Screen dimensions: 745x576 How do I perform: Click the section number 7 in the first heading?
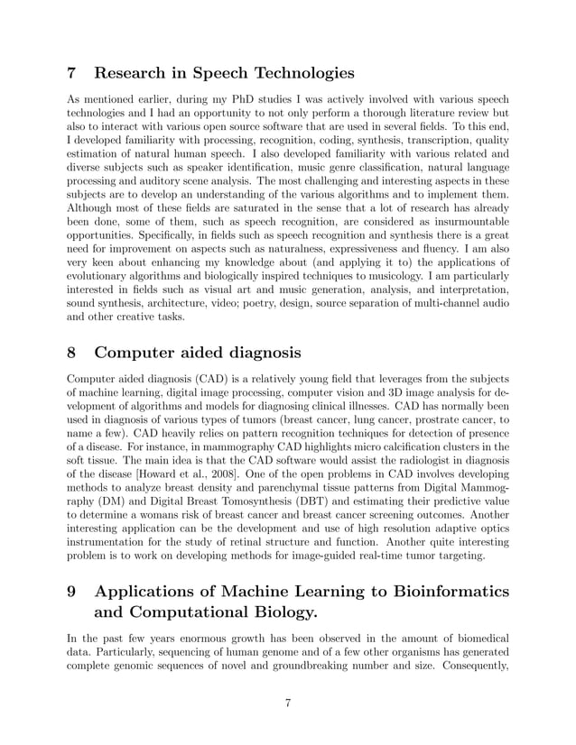(x=73, y=73)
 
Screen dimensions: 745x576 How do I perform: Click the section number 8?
(x=73, y=352)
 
